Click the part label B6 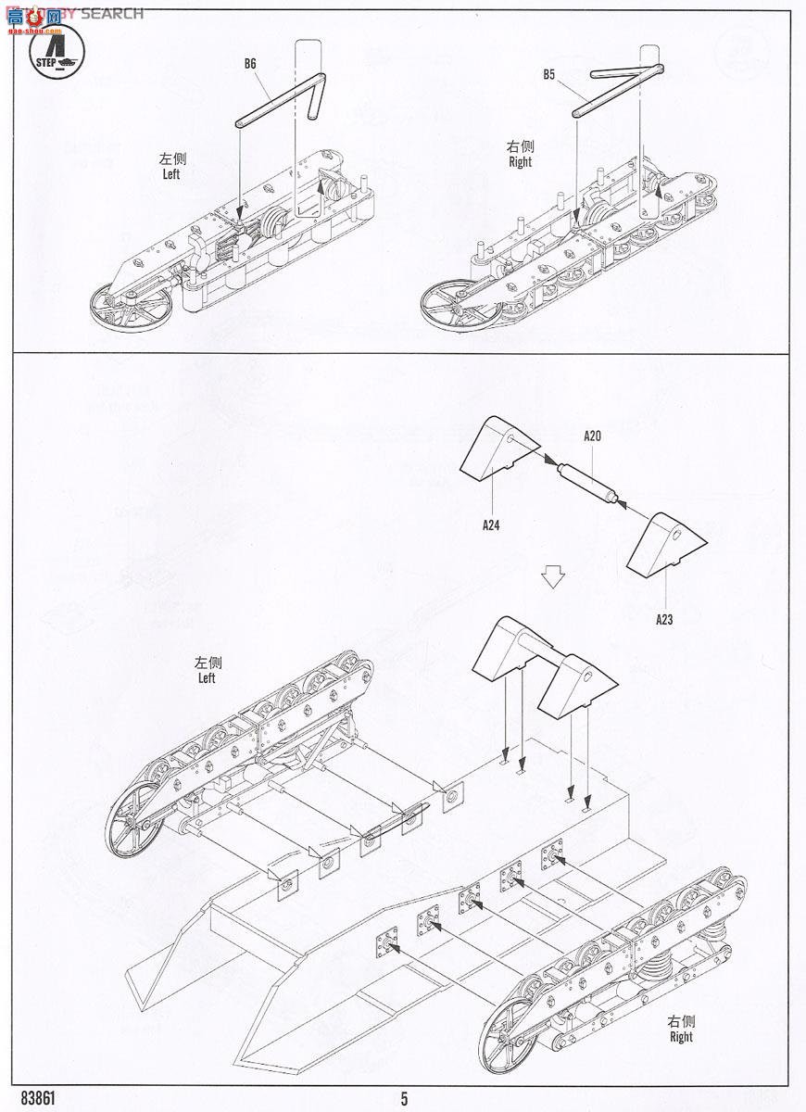click(x=249, y=64)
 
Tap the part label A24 click(x=491, y=524)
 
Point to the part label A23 click(x=663, y=619)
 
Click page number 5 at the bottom click(x=404, y=1099)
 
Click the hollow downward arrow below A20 click(x=553, y=576)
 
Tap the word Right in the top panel click(x=521, y=162)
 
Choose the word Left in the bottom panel click(x=206, y=678)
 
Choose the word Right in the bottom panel click(x=681, y=1037)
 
